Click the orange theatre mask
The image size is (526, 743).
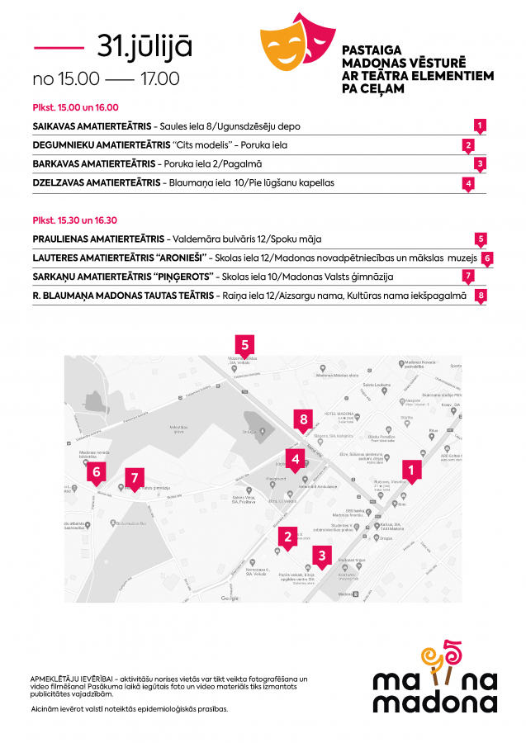(x=282, y=48)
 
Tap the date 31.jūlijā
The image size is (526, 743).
(x=145, y=46)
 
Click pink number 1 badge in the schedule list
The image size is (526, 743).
(x=480, y=125)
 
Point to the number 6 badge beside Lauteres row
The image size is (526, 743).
(x=487, y=258)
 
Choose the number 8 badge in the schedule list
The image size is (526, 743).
(x=480, y=295)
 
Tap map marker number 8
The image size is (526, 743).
(x=304, y=420)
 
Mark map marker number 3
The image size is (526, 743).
(x=322, y=556)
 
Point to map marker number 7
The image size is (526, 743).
(x=135, y=477)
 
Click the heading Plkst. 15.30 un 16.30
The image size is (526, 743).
(x=75, y=220)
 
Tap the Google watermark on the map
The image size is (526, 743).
(x=230, y=598)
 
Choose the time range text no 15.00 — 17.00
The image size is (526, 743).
(x=106, y=79)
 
